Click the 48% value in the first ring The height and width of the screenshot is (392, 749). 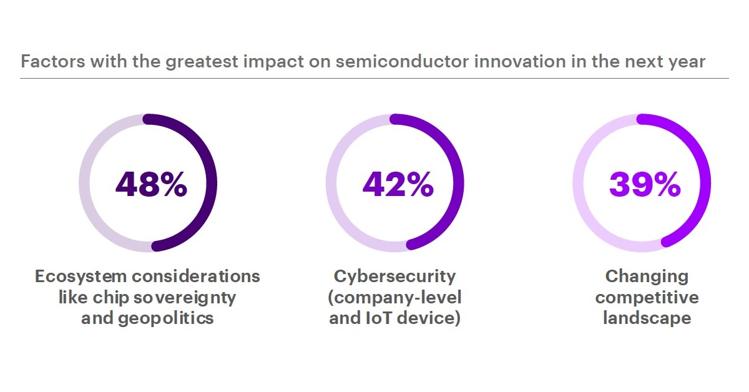pyautogui.click(x=151, y=184)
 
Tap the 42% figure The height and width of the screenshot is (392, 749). pyautogui.click(x=398, y=184)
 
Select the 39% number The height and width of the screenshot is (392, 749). pyautogui.click(x=645, y=184)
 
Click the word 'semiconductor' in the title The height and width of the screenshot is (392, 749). pyautogui.click(x=402, y=62)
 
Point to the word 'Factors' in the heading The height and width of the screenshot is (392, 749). pyautogui.click(x=53, y=62)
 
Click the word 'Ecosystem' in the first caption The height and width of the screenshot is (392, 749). pyautogui.click(x=81, y=277)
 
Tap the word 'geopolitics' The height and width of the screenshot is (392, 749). pyautogui.click(x=165, y=318)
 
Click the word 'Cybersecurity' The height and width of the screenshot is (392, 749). pyautogui.click(x=394, y=277)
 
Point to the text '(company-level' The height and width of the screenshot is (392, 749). pyautogui.click(x=394, y=298)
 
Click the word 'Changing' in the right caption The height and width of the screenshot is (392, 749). pyautogui.click(x=647, y=277)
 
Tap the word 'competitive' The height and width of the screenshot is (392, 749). pyautogui.click(x=647, y=298)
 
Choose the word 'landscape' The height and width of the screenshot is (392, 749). pyautogui.click(x=647, y=318)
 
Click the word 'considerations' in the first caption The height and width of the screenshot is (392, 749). pyautogui.click(x=196, y=277)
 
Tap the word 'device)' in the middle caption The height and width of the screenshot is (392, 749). pyautogui.click(x=429, y=318)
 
